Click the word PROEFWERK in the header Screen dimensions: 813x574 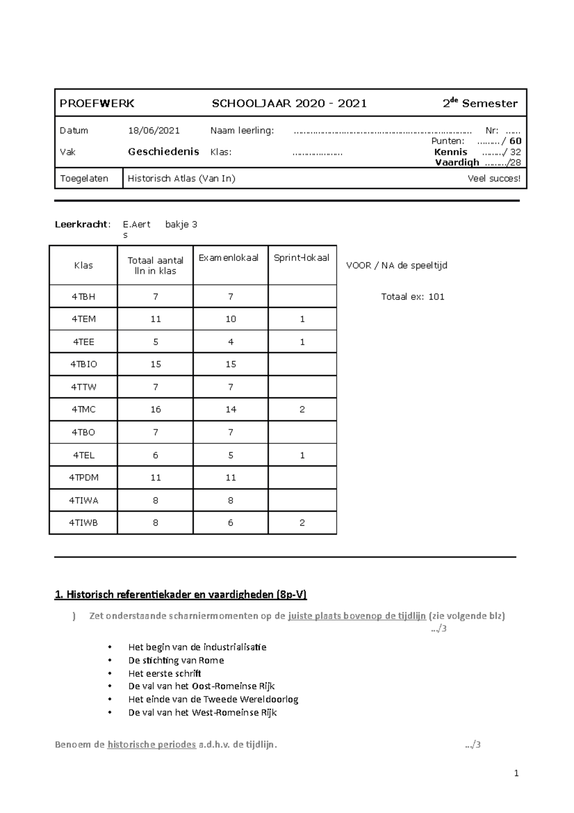pyautogui.click(x=97, y=103)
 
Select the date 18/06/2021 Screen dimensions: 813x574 pyautogui.click(x=154, y=130)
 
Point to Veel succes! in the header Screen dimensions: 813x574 pyautogui.click(x=494, y=179)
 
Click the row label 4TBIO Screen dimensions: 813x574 pyautogui.click(x=84, y=364)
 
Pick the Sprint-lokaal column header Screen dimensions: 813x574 pyautogui.click(x=301, y=258)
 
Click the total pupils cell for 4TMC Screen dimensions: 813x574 pyautogui.click(x=155, y=409)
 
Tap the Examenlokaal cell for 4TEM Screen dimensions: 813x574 pyautogui.click(x=231, y=319)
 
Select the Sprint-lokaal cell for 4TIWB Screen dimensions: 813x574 pyautogui.click(x=302, y=523)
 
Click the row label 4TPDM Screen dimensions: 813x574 pyautogui.click(x=84, y=477)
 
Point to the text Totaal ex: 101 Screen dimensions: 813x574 pyautogui.click(x=412, y=297)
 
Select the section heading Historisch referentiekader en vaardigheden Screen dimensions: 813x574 pyautogui.click(x=181, y=595)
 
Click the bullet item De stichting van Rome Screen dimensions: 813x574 pyautogui.click(x=176, y=660)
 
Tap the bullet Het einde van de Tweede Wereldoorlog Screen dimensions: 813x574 pyautogui.click(x=213, y=699)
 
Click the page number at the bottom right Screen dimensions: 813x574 pyautogui.click(x=516, y=773)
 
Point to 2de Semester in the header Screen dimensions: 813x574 pyautogui.click(x=480, y=103)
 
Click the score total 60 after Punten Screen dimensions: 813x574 pyautogui.click(x=515, y=141)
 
